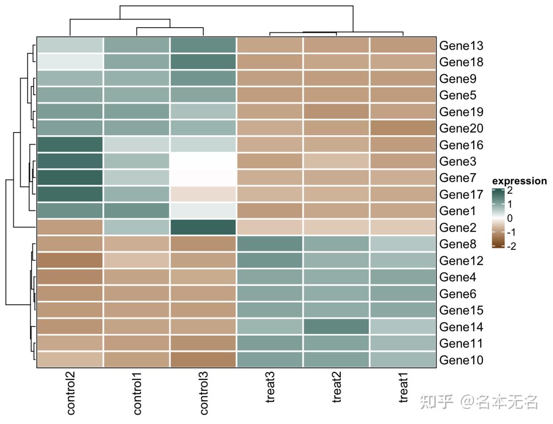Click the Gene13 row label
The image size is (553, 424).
(x=461, y=46)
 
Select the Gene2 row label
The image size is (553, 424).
(x=458, y=228)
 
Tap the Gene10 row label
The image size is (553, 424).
(x=461, y=360)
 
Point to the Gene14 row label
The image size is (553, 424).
(x=461, y=327)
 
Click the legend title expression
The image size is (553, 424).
(x=519, y=181)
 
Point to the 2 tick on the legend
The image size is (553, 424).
(x=510, y=190)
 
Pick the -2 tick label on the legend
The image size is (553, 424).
(x=512, y=246)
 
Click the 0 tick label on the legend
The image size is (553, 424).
(x=510, y=218)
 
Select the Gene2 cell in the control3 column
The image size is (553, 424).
(x=203, y=228)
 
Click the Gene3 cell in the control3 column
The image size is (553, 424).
(x=203, y=161)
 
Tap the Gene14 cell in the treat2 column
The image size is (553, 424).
(x=336, y=327)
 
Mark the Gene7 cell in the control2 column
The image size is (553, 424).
(x=70, y=178)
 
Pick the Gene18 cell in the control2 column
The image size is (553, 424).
(x=70, y=62)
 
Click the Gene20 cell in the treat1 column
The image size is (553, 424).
(x=403, y=128)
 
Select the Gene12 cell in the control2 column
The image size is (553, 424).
(x=70, y=261)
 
